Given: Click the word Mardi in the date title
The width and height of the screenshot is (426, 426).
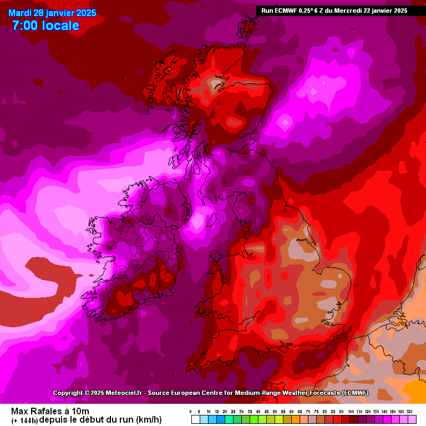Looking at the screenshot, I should (19, 13).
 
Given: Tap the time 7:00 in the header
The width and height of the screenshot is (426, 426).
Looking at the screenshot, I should (24, 25).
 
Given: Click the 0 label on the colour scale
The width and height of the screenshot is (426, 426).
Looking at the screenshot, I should (190, 412).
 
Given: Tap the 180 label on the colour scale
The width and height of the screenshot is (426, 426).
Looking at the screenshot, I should (409, 412).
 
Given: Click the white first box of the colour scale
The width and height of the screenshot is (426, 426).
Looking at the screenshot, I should (195, 420).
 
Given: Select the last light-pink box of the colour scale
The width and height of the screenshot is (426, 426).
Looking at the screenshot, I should (411, 420).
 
